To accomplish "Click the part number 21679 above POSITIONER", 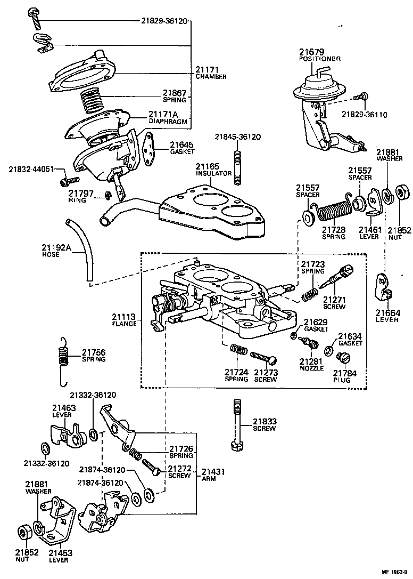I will [311, 52].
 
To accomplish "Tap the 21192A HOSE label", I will [56, 251].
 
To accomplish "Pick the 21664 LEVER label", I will [386, 316].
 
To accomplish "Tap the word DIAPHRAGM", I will [168, 121].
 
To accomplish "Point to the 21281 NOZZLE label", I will [311, 365].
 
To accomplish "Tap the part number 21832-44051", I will [31, 170].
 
